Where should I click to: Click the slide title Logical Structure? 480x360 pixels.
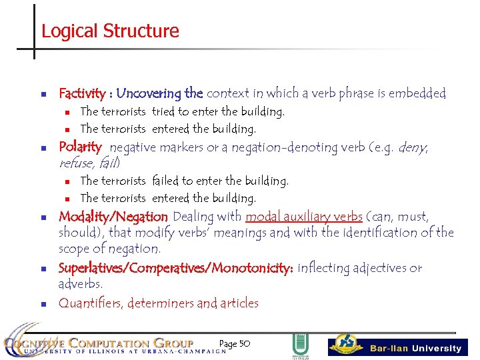110,31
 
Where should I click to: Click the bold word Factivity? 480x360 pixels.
81,93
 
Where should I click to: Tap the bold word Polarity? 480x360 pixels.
80,147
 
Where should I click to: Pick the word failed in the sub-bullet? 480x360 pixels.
165,181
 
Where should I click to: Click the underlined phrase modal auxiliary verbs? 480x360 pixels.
303,217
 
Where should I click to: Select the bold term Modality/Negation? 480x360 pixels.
113,217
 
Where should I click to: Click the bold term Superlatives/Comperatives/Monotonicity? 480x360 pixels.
176,268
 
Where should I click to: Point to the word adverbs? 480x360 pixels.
80,285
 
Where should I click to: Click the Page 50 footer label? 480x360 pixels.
234,343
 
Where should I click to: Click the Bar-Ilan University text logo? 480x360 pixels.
415,348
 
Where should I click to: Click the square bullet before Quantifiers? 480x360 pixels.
42,304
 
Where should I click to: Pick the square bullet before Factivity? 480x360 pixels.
42,94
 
